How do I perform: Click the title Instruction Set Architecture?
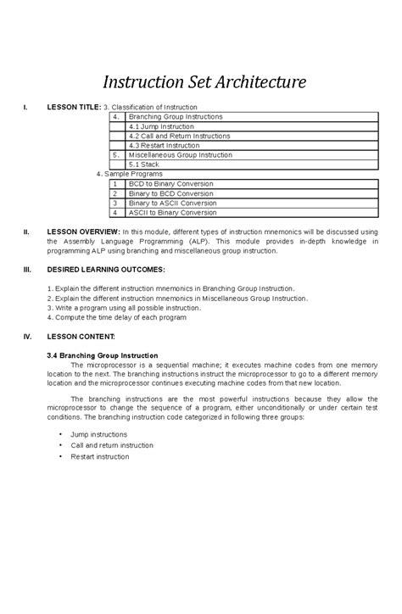[x=204, y=82]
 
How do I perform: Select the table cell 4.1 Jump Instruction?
[x=168, y=126]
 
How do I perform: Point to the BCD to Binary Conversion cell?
[x=170, y=183]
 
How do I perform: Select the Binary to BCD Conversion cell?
[x=170, y=193]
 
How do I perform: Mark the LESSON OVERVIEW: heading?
[x=83, y=232]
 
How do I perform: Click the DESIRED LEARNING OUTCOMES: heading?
[x=106, y=270]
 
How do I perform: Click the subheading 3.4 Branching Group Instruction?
[x=109, y=354]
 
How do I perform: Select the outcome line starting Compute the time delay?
[x=124, y=317]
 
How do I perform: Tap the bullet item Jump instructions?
[x=100, y=433]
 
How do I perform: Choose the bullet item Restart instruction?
[x=99, y=456]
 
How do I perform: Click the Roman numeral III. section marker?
[x=27, y=270]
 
